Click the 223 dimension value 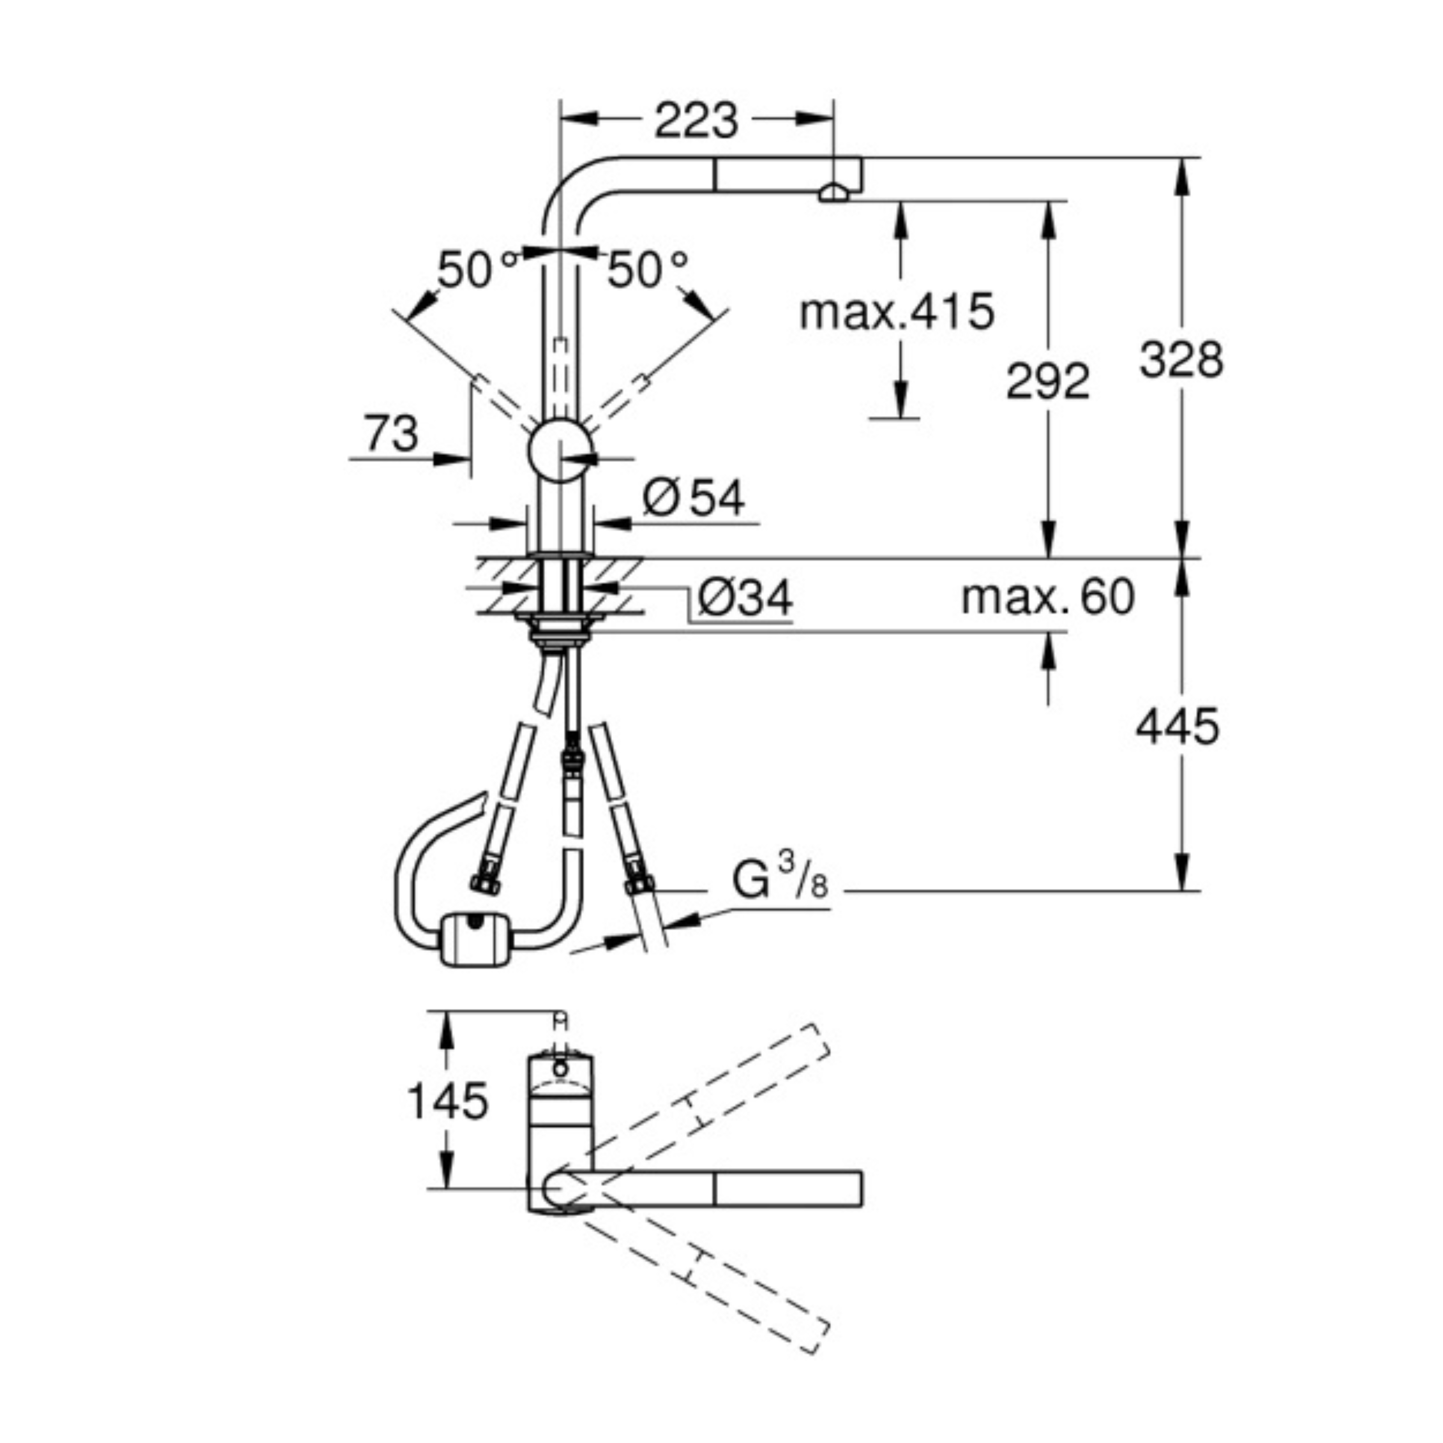696,120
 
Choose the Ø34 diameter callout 745,598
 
